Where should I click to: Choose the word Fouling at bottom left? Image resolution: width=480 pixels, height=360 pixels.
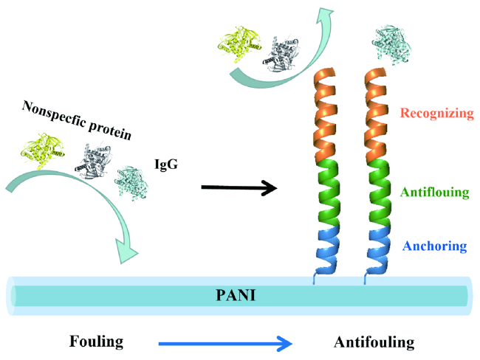tap(95, 342)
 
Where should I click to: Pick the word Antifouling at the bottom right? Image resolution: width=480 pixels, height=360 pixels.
tap(374, 342)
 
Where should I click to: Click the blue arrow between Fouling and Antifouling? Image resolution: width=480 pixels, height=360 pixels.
tap(226, 342)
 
